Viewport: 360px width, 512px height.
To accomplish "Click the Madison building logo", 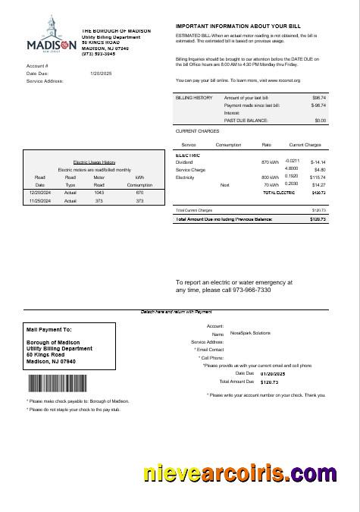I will (50, 35).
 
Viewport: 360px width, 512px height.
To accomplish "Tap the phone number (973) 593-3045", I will (99, 54).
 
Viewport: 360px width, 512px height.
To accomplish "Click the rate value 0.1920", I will (291, 176).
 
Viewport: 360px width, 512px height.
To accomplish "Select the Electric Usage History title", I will (94, 162).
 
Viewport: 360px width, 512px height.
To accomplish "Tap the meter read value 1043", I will (99, 193).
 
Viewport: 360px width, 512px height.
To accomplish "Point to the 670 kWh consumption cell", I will (139, 193).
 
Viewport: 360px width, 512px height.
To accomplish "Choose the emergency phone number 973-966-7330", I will (254, 290).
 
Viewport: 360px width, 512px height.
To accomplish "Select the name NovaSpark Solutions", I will (251, 333).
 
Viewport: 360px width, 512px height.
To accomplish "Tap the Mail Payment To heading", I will (49, 330).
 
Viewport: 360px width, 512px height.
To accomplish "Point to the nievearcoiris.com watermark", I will (239, 475).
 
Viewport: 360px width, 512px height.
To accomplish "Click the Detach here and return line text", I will (176, 311).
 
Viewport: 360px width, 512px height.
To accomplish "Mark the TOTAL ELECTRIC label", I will (279, 193).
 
